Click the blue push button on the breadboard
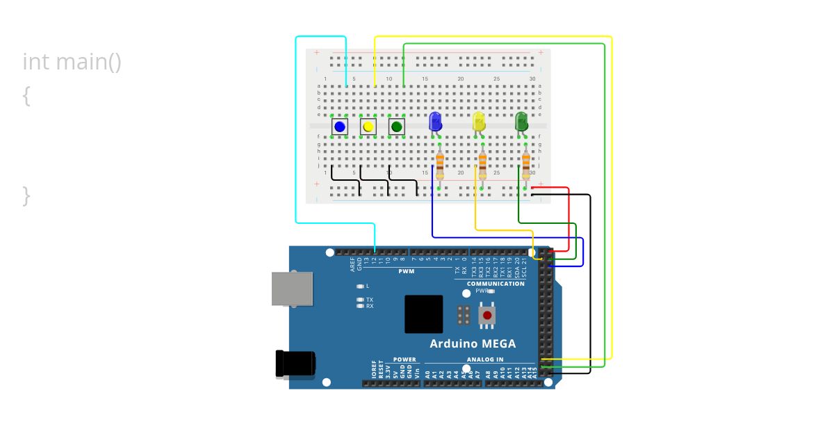(340, 127)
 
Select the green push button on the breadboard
(397, 127)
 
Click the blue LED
(436, 122)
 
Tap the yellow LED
(479, 122)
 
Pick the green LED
(522, 122)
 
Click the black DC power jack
(295, 364)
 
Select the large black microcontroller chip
(423, 314)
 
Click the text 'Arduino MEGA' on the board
(473, 343)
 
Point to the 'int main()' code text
(72, 62)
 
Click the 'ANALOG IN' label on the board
(485, 359)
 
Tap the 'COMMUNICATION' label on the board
(496, 284)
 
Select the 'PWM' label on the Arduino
(407, 271)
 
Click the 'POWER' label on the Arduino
(404, 359)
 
